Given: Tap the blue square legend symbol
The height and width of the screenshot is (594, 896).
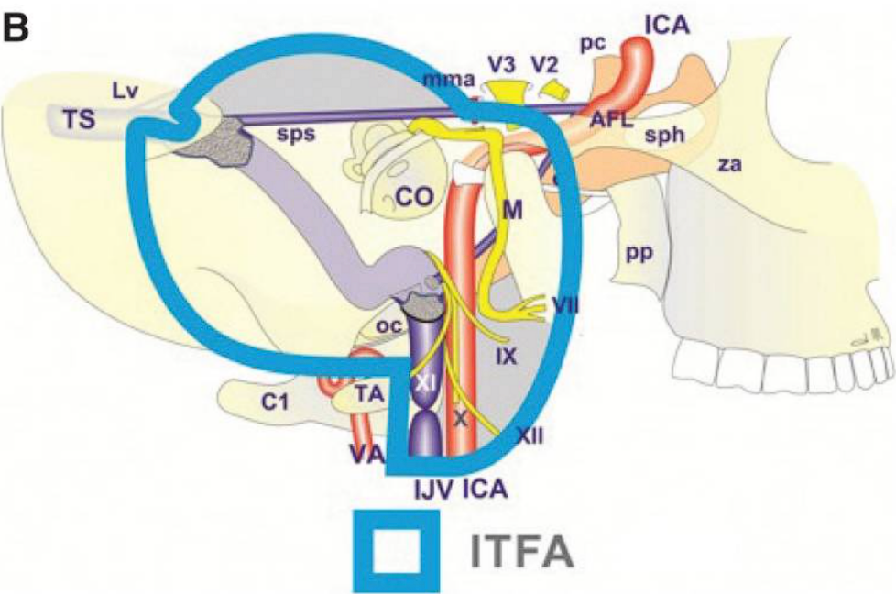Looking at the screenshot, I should [397, 550].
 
